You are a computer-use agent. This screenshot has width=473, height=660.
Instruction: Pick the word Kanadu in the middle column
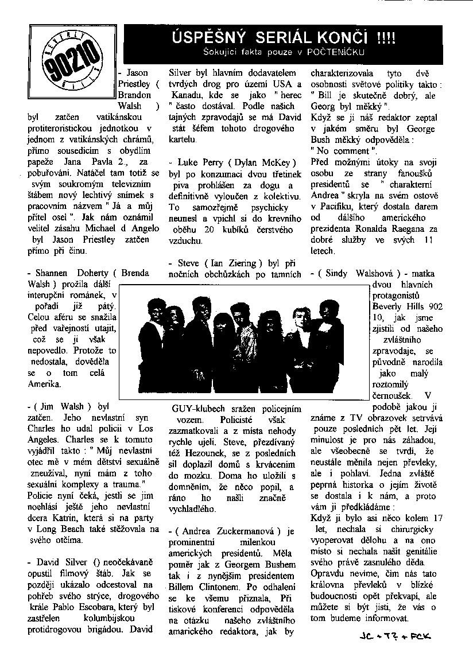[185, 95]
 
